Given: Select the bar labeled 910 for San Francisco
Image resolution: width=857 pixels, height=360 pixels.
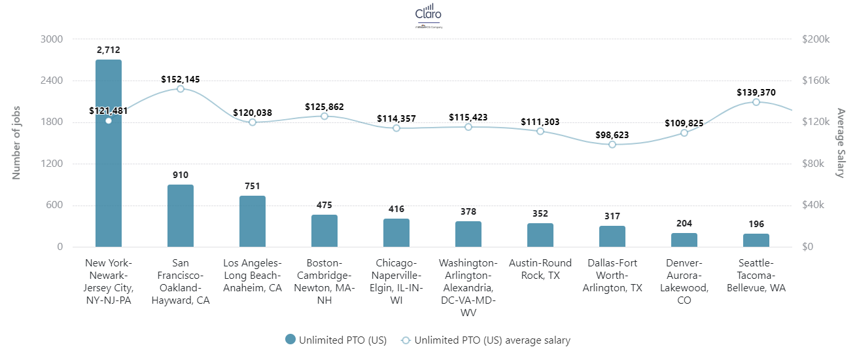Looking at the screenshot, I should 181,215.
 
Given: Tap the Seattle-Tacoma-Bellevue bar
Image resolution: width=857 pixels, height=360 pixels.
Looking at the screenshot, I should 756,240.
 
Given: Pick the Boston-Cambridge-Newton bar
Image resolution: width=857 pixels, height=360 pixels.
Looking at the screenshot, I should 324,230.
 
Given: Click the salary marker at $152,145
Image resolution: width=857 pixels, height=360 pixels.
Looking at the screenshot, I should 181,89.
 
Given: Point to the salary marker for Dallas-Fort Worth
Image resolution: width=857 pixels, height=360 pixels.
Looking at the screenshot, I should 612,145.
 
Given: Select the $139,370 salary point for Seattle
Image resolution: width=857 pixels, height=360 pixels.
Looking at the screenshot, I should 756,102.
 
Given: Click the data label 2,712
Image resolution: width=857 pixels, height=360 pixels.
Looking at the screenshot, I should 109,50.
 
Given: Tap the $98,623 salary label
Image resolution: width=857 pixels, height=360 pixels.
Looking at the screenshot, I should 612,135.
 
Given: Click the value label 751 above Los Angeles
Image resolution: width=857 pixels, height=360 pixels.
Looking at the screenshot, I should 253,186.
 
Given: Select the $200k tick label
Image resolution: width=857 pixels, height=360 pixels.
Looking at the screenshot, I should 816,39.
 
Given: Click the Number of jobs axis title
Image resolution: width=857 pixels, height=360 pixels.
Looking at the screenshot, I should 17,143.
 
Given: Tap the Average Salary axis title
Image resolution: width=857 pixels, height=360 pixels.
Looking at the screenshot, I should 841,143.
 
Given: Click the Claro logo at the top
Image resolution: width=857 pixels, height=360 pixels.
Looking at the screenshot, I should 428,16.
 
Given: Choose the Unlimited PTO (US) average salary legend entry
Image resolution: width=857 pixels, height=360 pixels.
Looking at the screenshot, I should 485,340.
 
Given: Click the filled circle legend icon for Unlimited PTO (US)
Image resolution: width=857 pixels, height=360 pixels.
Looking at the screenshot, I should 290,340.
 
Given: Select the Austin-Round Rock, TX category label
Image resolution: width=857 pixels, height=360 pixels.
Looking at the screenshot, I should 540,269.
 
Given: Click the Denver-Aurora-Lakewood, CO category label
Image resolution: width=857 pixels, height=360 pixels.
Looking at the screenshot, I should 684,281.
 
